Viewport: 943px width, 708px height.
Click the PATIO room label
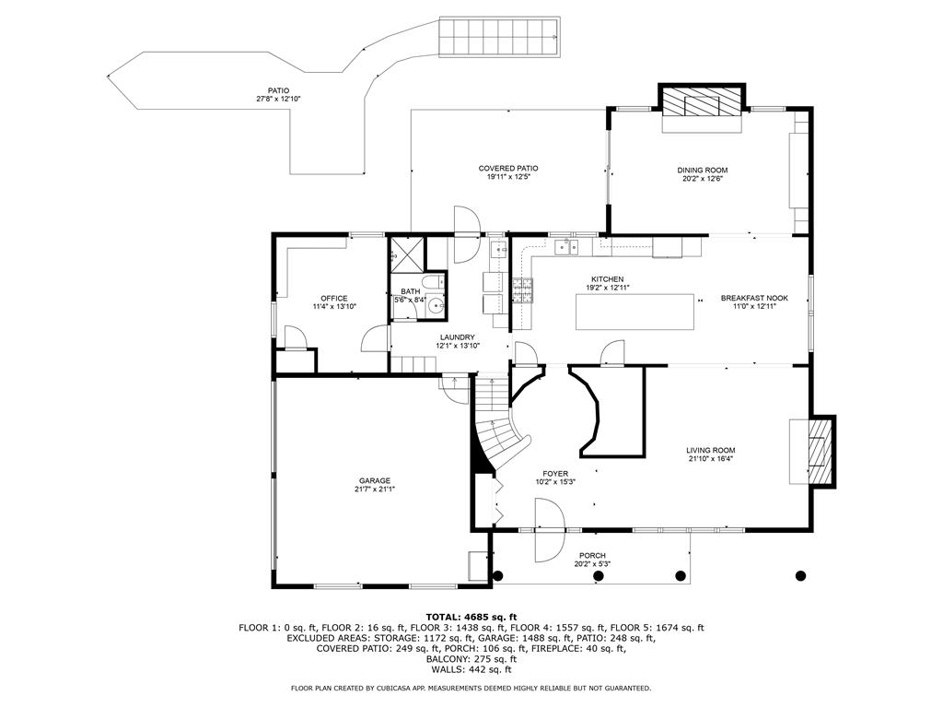point(265,90)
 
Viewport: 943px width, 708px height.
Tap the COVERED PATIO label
point(508,168)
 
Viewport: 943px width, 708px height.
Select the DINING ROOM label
point(703,170)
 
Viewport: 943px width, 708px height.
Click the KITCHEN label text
point(608,279)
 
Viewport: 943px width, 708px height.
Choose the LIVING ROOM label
point(710,451)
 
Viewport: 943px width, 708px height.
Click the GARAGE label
point(375,480)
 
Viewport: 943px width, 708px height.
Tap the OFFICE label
point(333,298)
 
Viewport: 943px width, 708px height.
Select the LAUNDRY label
point(458,337)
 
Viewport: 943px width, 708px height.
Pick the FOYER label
point(555,473)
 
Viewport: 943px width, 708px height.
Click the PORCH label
point(592,556)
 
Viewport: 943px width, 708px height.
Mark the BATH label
point(410,291)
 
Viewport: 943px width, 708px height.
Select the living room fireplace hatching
point(820,452)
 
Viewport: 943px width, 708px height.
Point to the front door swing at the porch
point(549,530)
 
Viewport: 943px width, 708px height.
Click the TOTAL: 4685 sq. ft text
point(471,617)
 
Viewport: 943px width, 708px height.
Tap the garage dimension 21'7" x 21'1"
point(375,490)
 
